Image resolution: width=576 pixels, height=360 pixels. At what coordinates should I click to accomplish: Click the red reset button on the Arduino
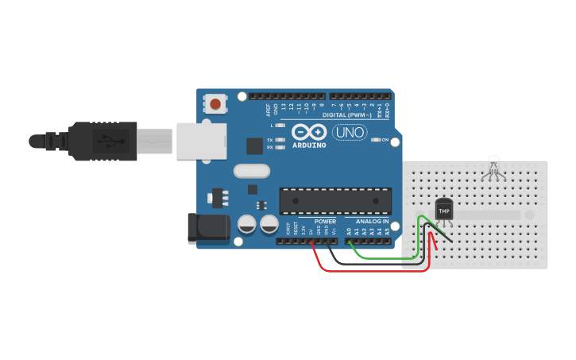215,103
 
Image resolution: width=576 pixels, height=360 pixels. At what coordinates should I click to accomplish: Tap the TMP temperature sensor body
444,210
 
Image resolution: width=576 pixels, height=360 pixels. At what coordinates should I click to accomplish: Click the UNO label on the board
350,131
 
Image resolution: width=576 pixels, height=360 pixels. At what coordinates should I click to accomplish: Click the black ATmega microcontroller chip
335,200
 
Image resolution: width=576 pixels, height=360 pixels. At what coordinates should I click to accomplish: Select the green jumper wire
381,258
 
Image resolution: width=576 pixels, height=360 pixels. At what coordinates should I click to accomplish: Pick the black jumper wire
373,263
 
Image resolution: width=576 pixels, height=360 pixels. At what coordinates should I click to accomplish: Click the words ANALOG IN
372,221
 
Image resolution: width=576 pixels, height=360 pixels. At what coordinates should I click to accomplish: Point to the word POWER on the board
325,221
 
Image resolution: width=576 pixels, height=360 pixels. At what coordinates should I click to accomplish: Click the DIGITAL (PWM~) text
347,115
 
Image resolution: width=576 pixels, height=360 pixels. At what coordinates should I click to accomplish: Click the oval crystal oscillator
252,170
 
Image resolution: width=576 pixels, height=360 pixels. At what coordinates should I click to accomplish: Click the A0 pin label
348,230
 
